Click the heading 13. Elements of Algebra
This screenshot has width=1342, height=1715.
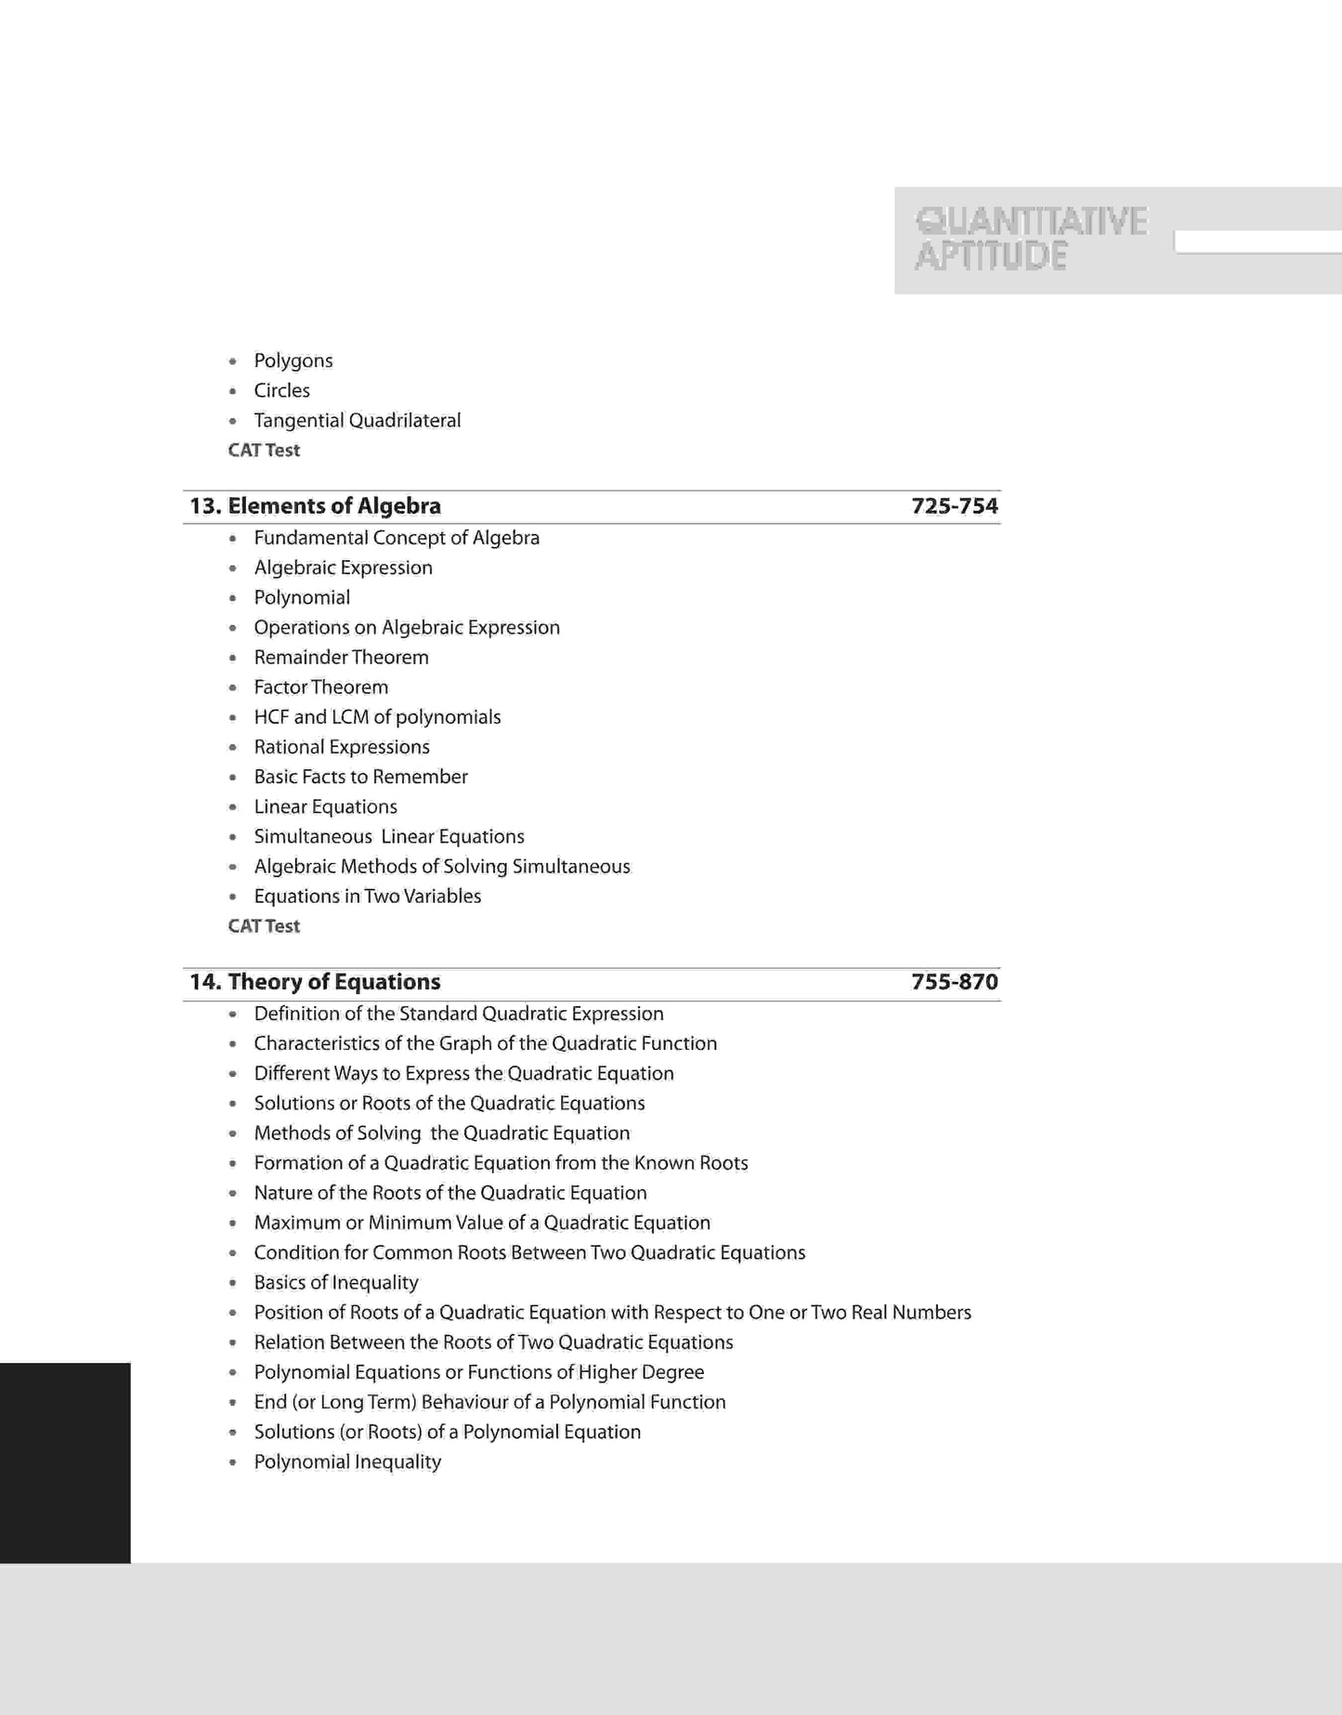pyautogui.click(x=315, y=506)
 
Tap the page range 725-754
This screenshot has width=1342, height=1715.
pyautogui.click(x=954, y=506)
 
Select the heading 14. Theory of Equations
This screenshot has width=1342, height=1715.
pyautogui.click(x=315, y=982)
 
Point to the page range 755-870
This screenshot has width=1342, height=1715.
pyautogui.click(x=954, y=982)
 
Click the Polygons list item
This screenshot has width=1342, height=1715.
pyautogui.click(x=293, y=360)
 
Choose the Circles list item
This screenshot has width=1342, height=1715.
pyautogui.click(x=281, y=390)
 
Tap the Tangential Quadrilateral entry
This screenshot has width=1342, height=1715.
pyautogui.click(x=357, y=421)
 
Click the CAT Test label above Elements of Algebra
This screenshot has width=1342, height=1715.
pyautogui.click(x=264, y=451)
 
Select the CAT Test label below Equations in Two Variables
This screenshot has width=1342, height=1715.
pyautogui.click(x=264, y=926)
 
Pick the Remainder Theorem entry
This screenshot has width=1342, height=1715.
pyautogui.click(x=341, y=658)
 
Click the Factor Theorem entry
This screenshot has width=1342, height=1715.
pyautogui.click(x=320, y=687)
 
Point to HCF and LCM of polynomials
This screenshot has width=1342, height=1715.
pyautogui.click(x=377, y=717)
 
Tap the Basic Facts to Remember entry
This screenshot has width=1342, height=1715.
pyautogui.click(x=360, y=777)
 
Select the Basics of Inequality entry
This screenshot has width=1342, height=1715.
pyautogui.click(x=335, y=1283)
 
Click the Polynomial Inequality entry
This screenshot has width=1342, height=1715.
pyautogui.click(x=347, y=1462)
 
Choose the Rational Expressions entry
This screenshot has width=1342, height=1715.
pyautogui.click(x=341, y=747)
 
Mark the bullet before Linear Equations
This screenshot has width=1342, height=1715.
pyautogui.click(x=233, y=807)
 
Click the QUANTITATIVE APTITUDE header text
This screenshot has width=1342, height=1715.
pyautogui.click(x=1031, y=238)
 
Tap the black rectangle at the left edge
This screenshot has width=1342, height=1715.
pyautogui.click(x=65, y=1462)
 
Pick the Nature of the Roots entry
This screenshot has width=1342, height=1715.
pyautogui.click(x=450, y=1193)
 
